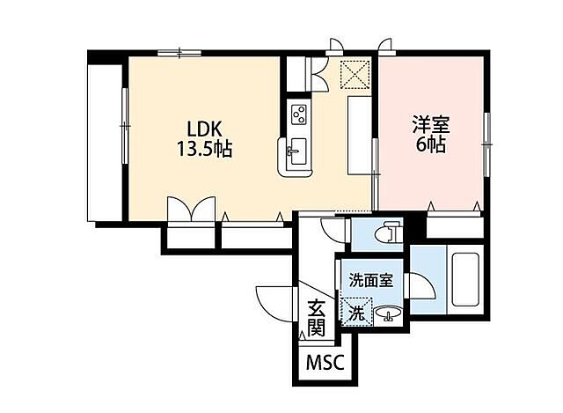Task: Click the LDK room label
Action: click(204, 129)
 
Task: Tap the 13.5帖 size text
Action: click(204, 149)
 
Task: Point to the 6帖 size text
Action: click(431, 144)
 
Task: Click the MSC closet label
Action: click(325, 363)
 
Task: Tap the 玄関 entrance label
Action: click(317, 317)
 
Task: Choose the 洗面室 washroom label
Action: click(371, 280)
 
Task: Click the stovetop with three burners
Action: click(299, 114)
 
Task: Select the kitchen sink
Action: click(297, 151)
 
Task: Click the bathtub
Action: click(465, 279)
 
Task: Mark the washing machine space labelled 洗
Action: click(356, 312)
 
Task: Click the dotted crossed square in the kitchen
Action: click(355, 74)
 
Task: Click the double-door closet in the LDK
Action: click(192, 210)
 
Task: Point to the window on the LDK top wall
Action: click(179, 53)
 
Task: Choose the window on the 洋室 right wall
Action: click(486, 144)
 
